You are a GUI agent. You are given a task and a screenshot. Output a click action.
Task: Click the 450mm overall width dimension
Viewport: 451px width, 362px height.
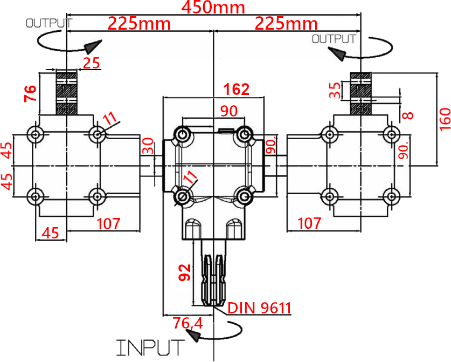213,8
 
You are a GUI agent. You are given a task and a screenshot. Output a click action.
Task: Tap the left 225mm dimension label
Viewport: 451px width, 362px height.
139,23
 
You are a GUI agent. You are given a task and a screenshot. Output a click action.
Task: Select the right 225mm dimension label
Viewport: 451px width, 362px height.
286,23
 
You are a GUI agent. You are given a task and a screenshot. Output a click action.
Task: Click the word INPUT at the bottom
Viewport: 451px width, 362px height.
150,347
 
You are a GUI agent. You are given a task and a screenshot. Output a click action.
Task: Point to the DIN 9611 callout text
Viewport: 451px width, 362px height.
259,308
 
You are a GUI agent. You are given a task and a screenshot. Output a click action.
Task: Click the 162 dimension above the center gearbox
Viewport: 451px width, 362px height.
237,89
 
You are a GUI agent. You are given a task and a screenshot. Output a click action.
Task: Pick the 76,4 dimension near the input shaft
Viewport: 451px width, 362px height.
188,323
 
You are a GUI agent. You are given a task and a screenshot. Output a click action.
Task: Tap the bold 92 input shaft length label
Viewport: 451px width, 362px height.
184,272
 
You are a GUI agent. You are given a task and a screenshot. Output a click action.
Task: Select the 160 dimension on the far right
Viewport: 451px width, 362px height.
445,119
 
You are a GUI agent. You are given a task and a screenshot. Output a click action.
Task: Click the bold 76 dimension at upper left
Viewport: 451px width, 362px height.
30,93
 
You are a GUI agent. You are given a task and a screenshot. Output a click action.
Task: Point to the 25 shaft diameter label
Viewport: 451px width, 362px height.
92,63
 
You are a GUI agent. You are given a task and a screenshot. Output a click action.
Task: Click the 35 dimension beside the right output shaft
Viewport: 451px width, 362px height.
335,90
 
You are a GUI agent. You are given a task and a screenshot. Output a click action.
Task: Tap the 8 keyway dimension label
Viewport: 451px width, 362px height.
408,115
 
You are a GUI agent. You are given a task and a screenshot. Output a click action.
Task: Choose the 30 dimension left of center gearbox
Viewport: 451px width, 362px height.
148,146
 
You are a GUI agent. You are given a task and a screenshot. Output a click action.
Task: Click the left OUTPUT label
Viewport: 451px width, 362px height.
49,23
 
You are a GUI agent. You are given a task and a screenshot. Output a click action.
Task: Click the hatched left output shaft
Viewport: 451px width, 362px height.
66,93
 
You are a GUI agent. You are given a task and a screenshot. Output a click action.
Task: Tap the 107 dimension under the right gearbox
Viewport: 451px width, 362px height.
309,223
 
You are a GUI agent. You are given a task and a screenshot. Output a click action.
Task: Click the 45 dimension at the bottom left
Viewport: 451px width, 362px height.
50,233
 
